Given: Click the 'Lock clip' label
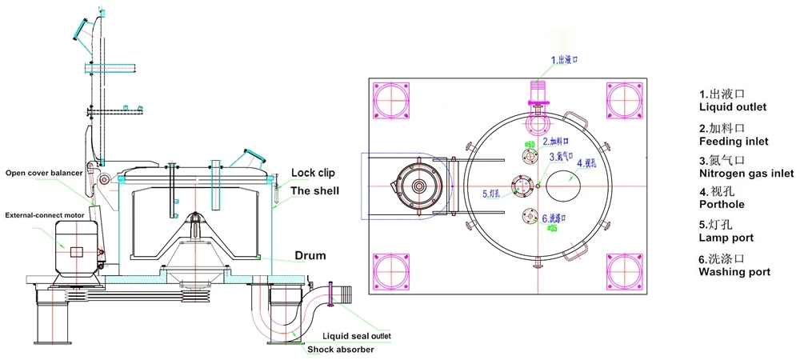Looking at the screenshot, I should (x=313, y=172).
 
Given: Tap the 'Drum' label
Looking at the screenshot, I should (x=309, y=256).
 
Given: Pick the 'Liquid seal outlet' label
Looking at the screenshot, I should (x=356, y=336).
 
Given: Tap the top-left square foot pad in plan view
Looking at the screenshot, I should (x=391, y=99).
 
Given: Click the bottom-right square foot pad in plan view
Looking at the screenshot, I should (x=625, y=270).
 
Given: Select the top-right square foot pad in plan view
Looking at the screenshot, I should (x=625, y=99).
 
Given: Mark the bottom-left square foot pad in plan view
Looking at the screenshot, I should (x=391, y=270).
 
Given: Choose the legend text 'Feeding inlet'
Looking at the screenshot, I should (x=734, y=142).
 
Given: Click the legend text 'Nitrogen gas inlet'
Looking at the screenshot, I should (x=746, y=173).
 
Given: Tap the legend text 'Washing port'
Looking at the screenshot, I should (x=734, y=272).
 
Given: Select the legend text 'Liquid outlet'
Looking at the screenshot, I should (x=733, y=107).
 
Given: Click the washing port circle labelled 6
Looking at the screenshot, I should (x=528, y=216).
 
